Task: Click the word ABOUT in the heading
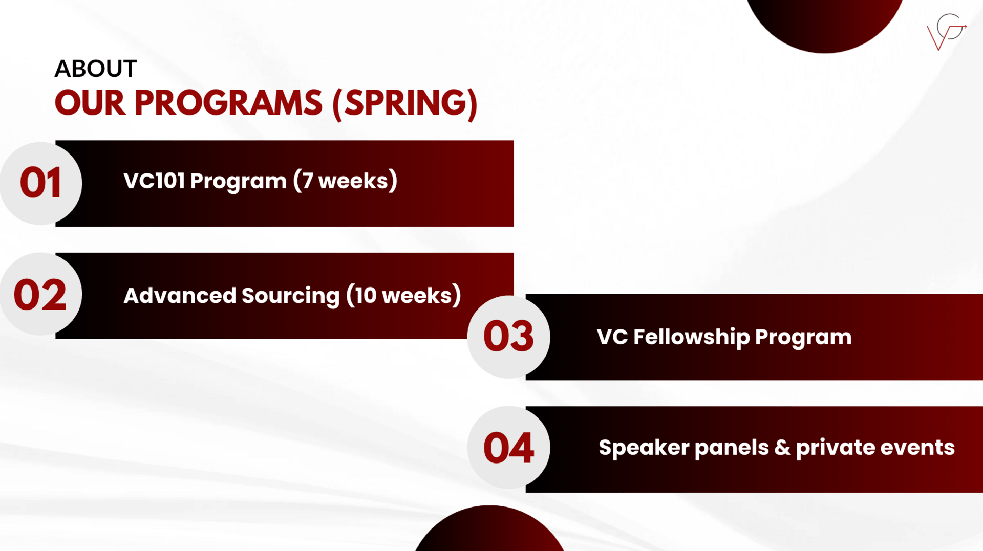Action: coord(96,69)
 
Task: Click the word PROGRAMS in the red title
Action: coord(228,103)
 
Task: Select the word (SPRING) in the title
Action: coord(405,104)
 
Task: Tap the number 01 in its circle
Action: coord(40,183)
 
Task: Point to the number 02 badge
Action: coord(40,295)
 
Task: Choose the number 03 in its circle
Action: coord(508,336)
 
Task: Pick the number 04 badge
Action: coord(508,448)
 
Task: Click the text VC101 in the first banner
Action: coord(154,181)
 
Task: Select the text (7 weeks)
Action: coord(345,181)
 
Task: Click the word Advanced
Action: coord(180,295)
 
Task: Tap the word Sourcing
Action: coord(290,296)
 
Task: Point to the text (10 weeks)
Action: coord(403,295)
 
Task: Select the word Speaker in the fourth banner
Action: coord(644,448)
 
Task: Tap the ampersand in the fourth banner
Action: coord(782,448)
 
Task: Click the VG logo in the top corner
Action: coord(947,32)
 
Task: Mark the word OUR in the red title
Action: coord(90,103)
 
